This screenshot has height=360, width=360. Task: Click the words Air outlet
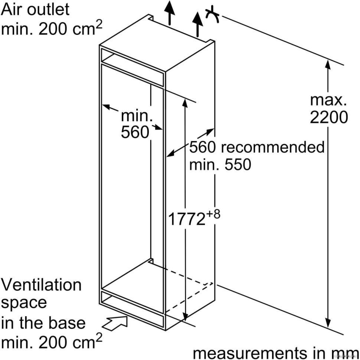pos(35,9)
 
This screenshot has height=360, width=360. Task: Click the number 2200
pos(329,117)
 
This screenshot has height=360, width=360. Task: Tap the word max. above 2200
pos(328,100)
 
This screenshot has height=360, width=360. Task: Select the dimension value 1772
pos(187,219)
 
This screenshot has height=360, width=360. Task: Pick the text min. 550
pos(220,165)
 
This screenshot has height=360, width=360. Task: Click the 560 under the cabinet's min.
pos(135,132)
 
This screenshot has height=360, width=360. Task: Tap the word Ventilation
pos(41,285)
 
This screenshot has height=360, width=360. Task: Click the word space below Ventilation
pos(24,303)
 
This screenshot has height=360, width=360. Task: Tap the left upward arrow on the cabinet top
pos(170,11)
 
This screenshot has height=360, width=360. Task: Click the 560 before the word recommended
pos(203,147)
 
